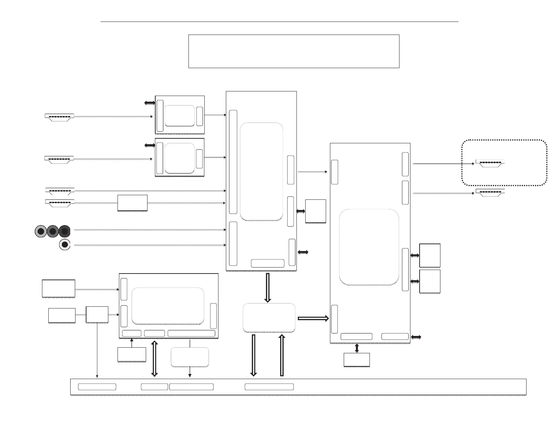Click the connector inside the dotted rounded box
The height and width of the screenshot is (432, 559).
[x=490, y=163]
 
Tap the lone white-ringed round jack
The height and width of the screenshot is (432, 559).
[x=65, y=245]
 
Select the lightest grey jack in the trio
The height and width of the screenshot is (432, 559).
[x=41, y=231]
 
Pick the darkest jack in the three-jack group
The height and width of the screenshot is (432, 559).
[x=65, y=231]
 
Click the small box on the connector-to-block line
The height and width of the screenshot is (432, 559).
[x=132, y=203]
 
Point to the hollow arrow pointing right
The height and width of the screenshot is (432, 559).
[x=313, y=318]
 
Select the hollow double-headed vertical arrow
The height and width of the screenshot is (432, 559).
[x=154, y=358]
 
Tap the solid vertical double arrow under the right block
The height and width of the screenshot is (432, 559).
[x=357, y=348]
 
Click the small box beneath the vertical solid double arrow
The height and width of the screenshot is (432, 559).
[x=357, y=360]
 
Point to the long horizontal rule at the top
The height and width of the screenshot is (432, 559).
[x=279, y=22]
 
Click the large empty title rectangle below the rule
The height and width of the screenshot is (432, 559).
[x=294, y=51]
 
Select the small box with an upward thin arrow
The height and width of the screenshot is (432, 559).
[x=132, y=354]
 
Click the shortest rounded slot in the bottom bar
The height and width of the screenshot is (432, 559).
[x=154, y=387]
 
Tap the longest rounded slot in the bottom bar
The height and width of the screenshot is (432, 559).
[x=269, y=387]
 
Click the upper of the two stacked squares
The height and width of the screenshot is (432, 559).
[x=430, y=255]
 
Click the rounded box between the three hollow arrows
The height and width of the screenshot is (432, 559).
[x=269, y=318]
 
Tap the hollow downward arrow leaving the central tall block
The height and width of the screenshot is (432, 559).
[x=268, y=288]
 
